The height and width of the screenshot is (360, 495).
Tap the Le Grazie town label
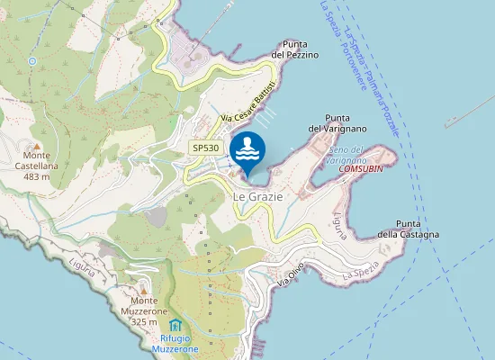pyautogui.click(x=257, y=195)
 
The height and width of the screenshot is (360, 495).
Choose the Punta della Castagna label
pyautogui.click(x=408, y=229)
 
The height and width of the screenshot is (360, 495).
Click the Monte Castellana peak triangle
pyautogui.click(x=37, y=145)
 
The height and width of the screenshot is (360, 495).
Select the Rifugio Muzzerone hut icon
pyautogui.click(x=175, y=324)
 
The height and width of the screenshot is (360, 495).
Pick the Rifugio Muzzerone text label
pyautogui.click(x=175, y=342)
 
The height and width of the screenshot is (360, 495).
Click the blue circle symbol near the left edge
pyautogui.click(x=32, y=61)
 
